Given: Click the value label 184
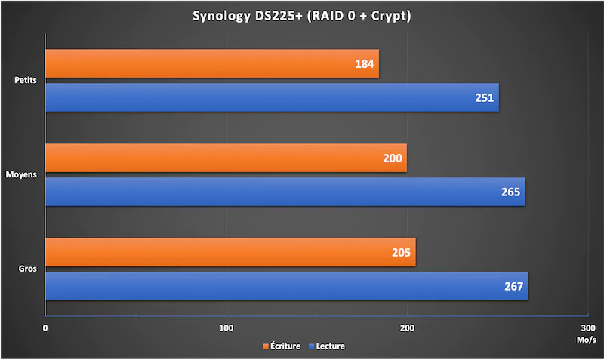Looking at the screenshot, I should point(365,64).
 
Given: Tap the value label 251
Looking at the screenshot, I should point(485,98).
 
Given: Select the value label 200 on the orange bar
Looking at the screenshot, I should point(393,158).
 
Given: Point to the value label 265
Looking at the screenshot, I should point(510,192).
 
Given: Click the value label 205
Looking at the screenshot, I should point(401,253).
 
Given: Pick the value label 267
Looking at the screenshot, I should point(513,287).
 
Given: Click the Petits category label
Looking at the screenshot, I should point(27,80).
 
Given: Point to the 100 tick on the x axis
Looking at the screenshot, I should point(226,328).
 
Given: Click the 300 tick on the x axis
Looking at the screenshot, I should point(587,328).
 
